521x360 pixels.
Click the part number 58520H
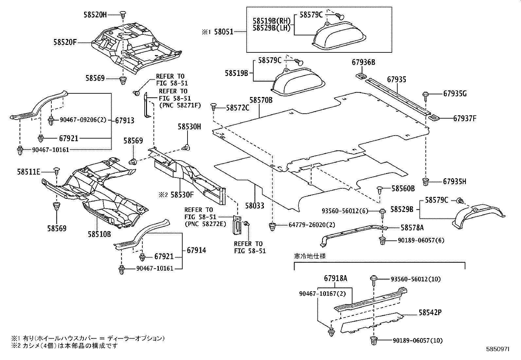[x=95, y=15]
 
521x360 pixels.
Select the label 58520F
[x=65, y=42]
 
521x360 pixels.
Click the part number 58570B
[x=261, y=100]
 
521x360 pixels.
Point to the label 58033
[x=255, y=206]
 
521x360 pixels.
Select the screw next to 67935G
[x=426, y=95]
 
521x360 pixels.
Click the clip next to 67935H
[x=426, y=181]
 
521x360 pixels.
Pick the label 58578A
[x=412, y=227]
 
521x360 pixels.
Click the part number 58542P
[x=430, y=313]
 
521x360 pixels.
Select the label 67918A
[x=335, y=278]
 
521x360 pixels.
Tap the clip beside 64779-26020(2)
[x=272, y=226]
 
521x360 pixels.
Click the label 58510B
[x=99, y=234]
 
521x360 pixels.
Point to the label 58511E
[x=28, y=172]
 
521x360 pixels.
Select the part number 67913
[x=125, y=120]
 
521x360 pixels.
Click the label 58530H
[x=189, y=126]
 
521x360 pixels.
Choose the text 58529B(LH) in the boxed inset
[x=272, y=28]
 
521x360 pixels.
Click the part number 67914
[x=196, y=250]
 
